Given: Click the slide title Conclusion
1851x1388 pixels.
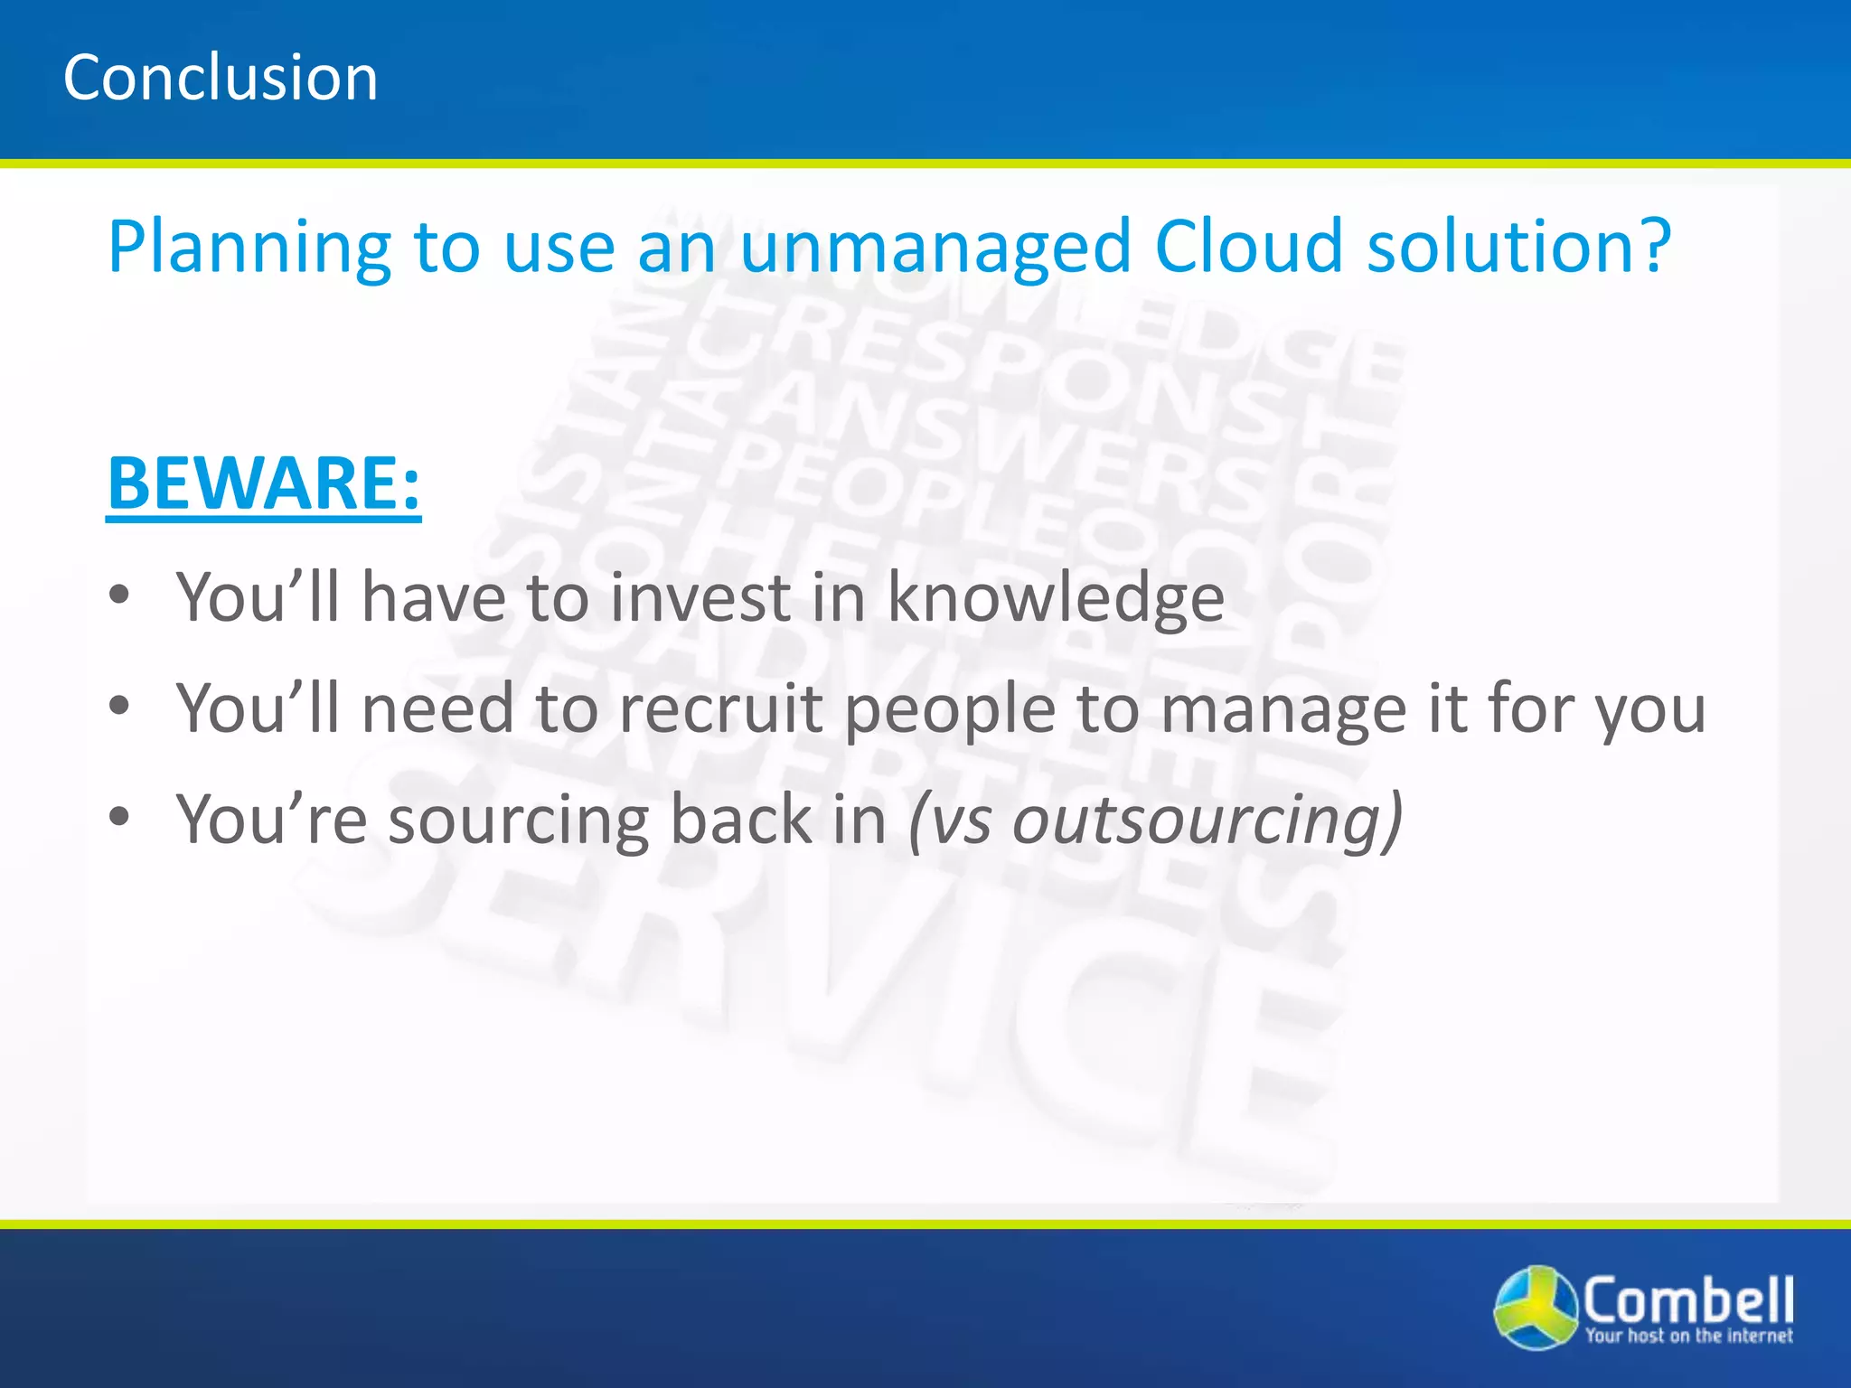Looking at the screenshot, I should (x=221, y=78).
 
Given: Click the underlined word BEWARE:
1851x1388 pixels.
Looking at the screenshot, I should (x=264, y=483).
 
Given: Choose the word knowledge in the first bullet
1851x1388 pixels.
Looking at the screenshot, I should (x=1056, y=599).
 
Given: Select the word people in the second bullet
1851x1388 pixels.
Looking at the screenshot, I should (x=950, y=710).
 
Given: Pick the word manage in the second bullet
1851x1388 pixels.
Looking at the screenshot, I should (x=1283, y=710).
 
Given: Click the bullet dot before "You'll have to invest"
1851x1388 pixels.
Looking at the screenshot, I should (x=119, y=596).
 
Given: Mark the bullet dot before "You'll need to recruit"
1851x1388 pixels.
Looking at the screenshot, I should (x=119, y=706).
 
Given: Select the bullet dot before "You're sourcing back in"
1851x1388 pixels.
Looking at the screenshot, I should (x=119, y=817).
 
